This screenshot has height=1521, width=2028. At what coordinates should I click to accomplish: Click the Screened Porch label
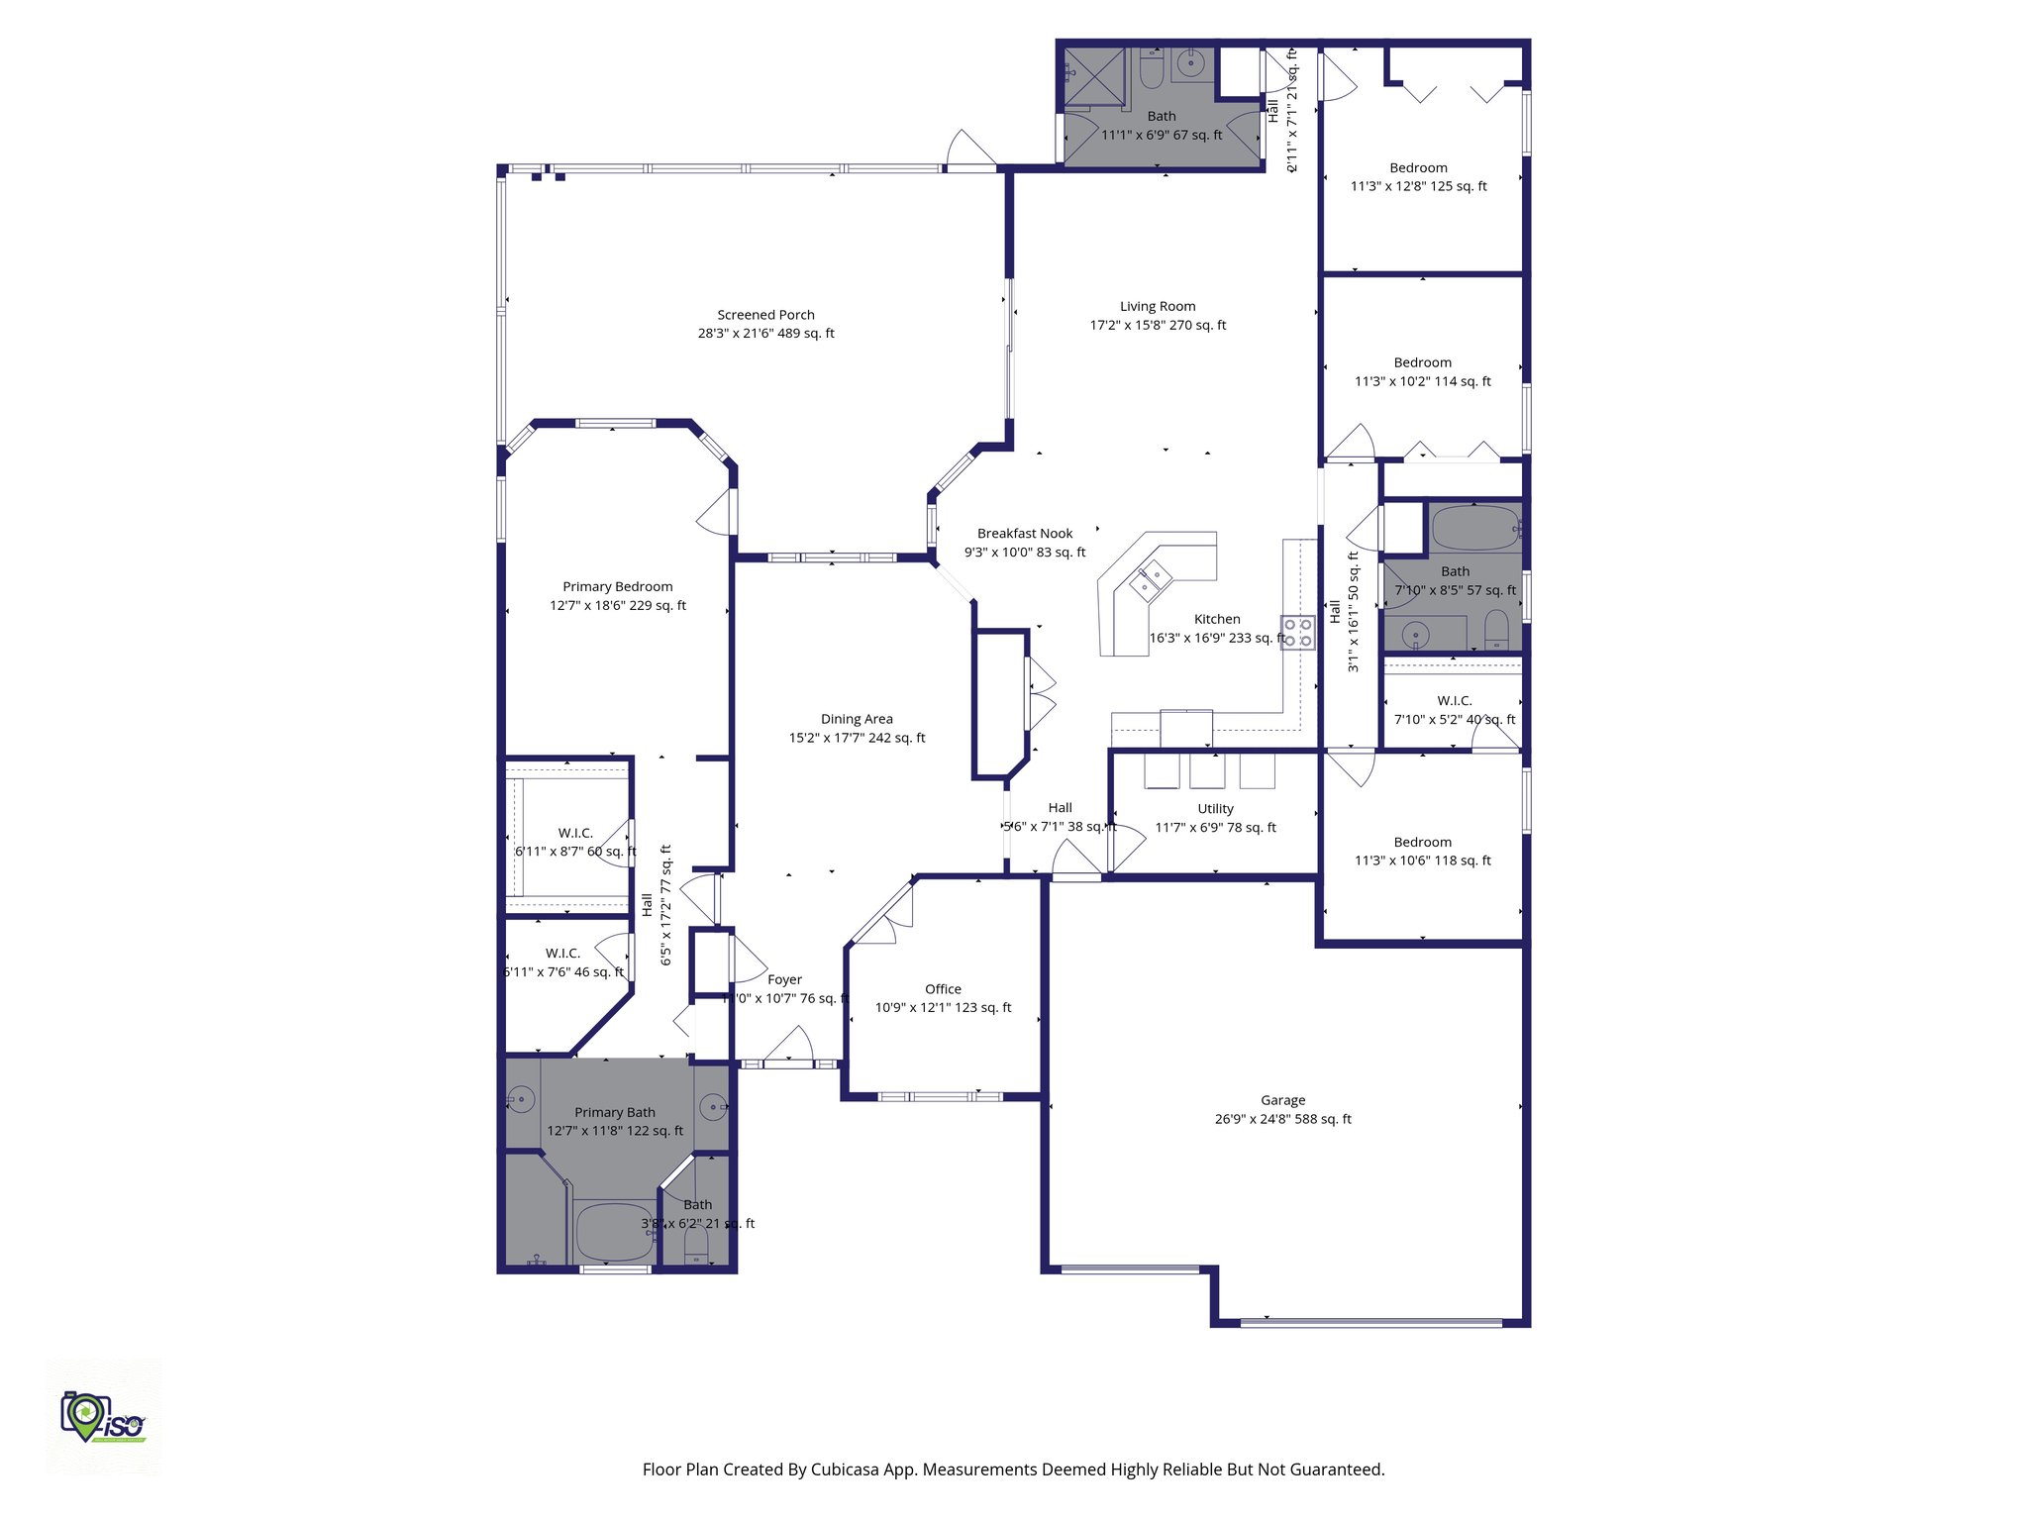[765, 315]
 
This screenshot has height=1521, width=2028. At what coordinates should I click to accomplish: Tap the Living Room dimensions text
[1158, 325]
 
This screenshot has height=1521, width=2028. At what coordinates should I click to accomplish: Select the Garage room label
[1282, 1100]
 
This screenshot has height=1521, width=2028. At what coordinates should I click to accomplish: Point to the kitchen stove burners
[1297, 633]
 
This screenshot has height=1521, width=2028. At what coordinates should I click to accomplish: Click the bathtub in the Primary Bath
[613, 1231]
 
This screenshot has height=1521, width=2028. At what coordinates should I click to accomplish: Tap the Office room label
[943, 989]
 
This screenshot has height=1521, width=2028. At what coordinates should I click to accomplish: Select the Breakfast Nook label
[1025, 534]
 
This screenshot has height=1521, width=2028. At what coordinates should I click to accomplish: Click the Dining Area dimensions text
[857, 738]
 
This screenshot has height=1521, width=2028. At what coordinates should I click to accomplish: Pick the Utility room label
[1215, 809]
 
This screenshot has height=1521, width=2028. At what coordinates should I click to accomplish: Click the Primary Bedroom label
[617, 587]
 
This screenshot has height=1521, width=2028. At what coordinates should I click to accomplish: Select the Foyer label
[784, 979]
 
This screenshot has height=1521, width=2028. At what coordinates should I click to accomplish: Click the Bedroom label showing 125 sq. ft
[1418, 168]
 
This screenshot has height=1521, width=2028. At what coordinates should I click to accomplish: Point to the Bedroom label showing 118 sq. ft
[1422, 843]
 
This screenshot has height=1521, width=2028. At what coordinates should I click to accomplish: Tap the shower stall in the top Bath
[1094, 77]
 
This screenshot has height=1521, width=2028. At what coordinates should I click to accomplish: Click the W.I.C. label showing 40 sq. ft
[1454, 701]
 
